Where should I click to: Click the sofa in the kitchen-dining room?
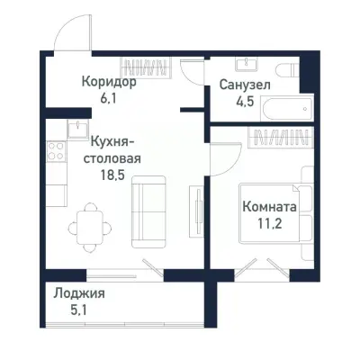tap(149, 211)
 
